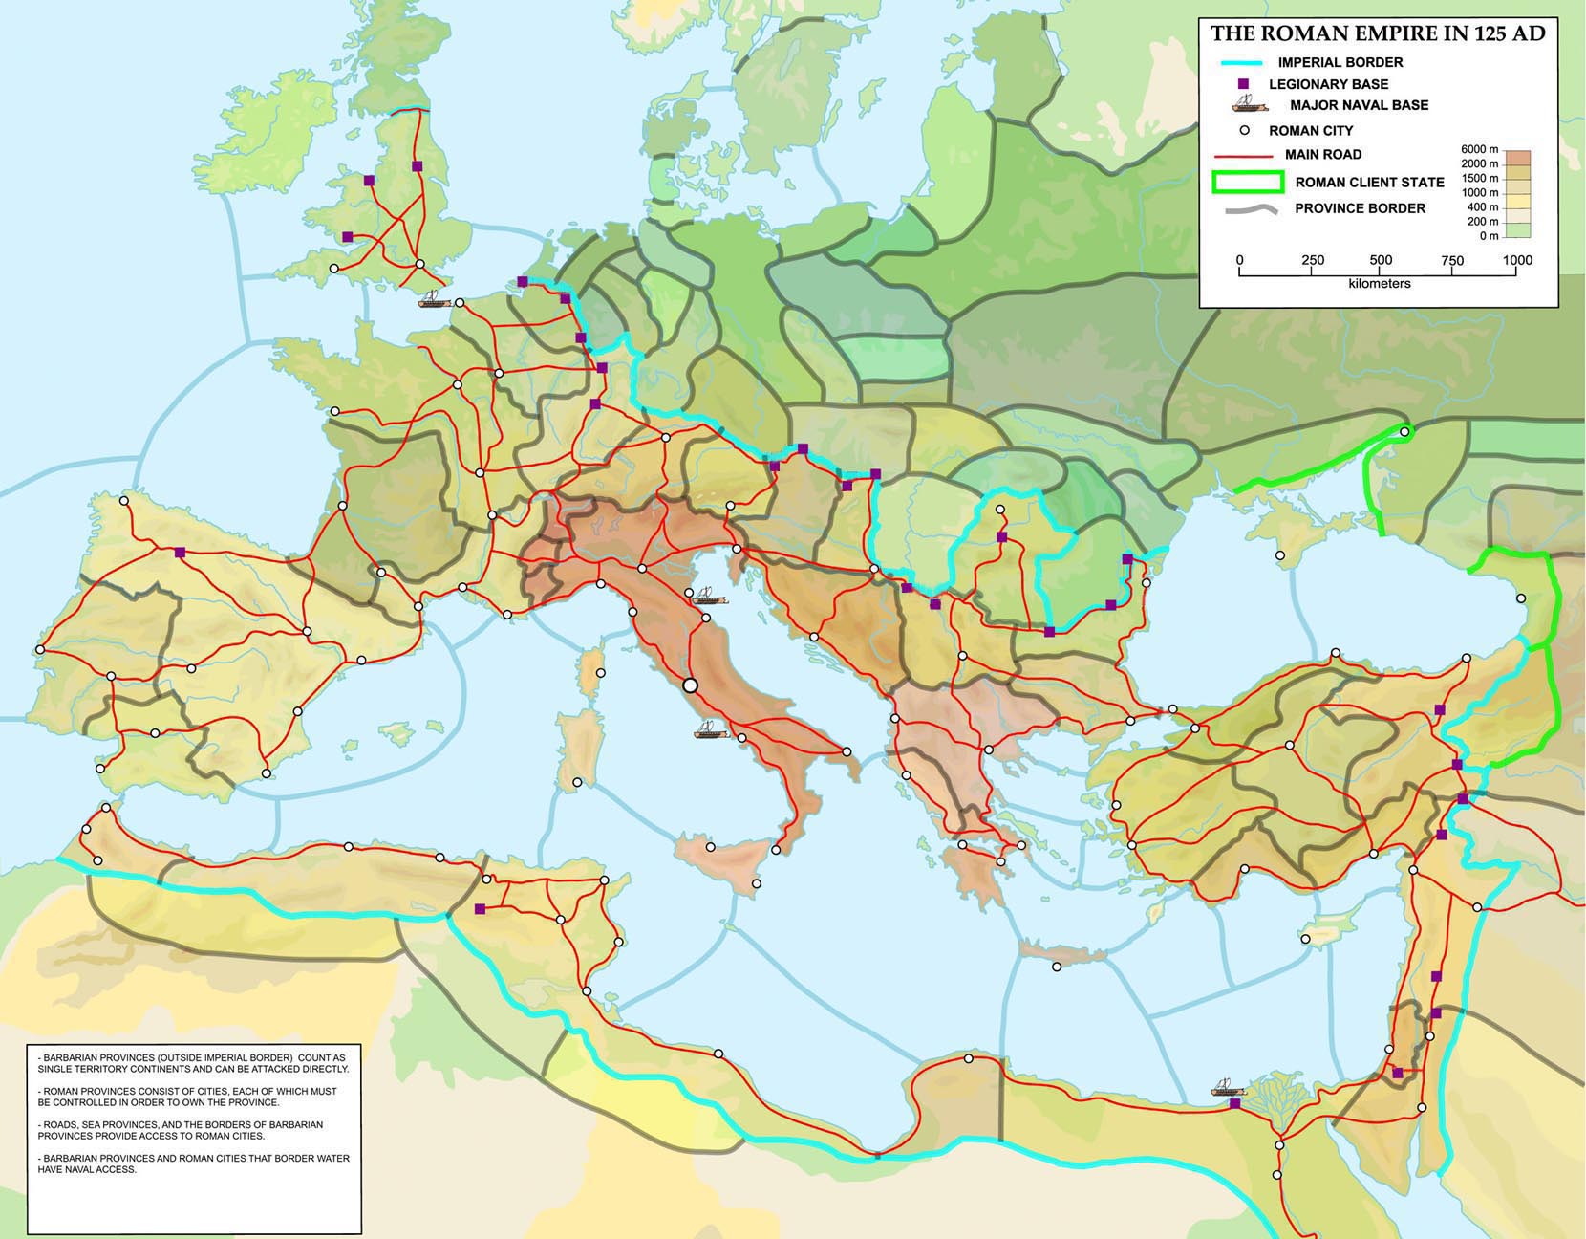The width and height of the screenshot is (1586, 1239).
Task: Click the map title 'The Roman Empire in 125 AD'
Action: click(1377, 33)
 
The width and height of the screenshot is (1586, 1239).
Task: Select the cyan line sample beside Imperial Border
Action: click(1242, 62)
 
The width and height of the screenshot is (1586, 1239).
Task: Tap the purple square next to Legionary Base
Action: click(1243, 84)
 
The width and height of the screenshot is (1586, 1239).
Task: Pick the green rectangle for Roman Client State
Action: click(1248, 182)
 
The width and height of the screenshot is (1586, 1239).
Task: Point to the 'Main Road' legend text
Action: click(1323, 154)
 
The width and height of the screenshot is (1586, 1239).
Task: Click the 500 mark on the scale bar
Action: click(1380, 260)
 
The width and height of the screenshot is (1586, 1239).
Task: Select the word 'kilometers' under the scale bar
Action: click(1379, 284)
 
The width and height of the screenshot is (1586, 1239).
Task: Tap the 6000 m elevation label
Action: click(1479, 149)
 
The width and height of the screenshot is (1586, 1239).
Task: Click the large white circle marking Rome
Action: click(691, 685)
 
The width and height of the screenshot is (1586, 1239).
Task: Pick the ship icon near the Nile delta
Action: click(1229, 1088)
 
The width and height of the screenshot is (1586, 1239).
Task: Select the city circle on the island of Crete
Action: click(1057, 967)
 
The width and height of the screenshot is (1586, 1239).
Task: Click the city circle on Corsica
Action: click(601, 673)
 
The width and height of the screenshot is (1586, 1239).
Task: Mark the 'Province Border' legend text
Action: click(1360, 208)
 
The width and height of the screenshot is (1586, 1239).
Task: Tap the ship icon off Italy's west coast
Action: click(710, 730)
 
